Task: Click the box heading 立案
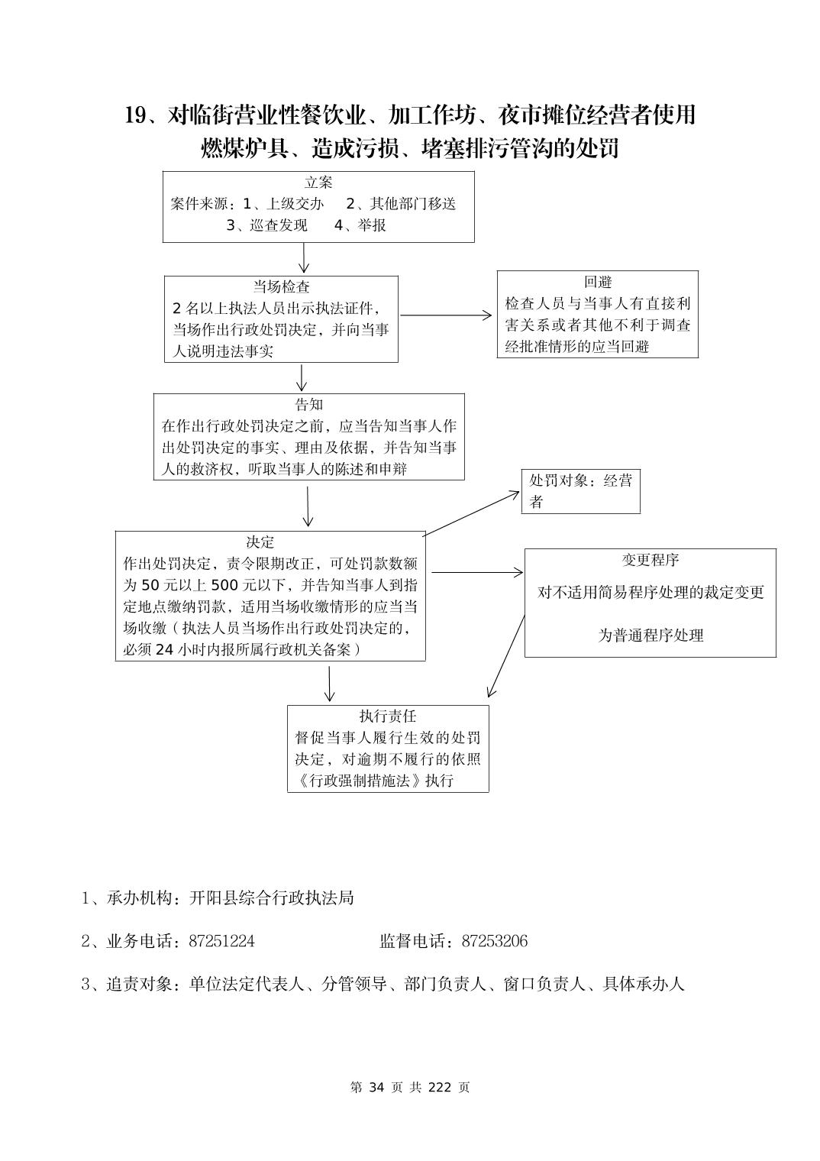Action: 318,183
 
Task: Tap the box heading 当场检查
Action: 282,287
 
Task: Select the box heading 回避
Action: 598,282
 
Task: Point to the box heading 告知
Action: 308,405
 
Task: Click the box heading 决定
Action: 260,542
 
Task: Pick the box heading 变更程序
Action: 651,560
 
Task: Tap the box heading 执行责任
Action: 388,716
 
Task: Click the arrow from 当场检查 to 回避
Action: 447,315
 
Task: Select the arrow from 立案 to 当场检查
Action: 304,258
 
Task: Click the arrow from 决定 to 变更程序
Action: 476,572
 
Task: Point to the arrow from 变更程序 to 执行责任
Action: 505,656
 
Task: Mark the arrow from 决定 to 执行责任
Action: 329,683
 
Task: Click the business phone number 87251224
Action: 221,941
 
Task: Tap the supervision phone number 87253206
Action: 494,941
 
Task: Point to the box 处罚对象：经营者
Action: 580,491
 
